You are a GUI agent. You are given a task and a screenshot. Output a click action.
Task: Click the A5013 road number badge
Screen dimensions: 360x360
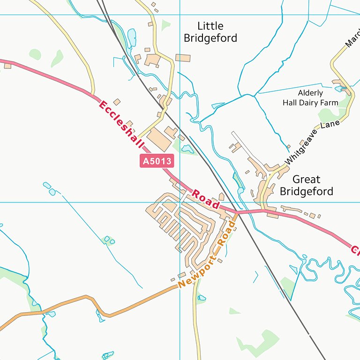coord(157,161)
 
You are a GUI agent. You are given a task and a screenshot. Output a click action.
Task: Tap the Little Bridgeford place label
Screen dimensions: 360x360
coord(210,32)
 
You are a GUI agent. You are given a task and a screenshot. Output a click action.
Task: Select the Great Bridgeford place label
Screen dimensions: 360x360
coord(306,185)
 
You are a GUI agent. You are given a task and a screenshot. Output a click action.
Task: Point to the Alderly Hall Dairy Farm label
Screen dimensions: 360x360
coord(310,98)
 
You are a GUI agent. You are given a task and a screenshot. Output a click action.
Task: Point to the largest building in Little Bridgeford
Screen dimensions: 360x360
coord(153,60)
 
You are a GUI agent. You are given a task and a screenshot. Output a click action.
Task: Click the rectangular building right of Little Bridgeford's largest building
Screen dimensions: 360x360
coord(183,58)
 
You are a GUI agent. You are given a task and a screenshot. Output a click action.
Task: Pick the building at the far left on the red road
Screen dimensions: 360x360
coord(7,66)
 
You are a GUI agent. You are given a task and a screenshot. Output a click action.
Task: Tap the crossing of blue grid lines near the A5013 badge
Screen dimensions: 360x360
coord(180,202)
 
